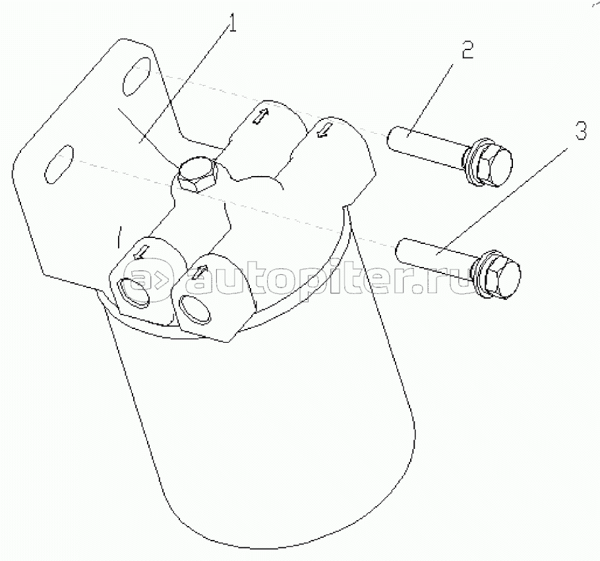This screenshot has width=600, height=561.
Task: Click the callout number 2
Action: [x=467, y=49]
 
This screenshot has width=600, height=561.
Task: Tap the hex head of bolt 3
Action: [x=502, y=275]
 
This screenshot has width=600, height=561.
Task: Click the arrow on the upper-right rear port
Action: [x=325, y=129]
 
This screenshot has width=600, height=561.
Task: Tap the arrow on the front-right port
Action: [x=199, y=271]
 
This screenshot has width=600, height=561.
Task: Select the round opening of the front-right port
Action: [x=195, y=309]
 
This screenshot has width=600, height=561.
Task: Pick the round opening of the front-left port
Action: [x=135, y=291]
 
